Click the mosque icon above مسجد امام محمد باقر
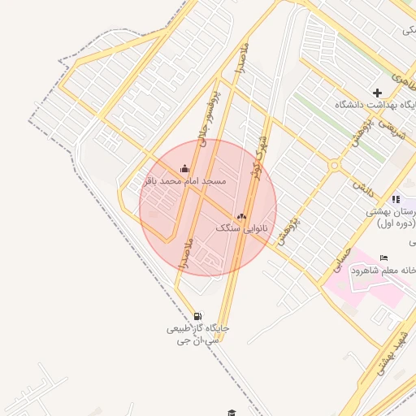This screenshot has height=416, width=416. [184, 169]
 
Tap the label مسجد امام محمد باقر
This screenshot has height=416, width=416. [184, 180]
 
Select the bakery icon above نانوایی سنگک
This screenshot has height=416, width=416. [240, 216]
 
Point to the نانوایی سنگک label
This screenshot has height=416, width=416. [241, 229]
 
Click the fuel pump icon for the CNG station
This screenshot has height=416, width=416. [198, 316]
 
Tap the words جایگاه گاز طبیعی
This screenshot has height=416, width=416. [198, 328]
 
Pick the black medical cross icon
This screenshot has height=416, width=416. [377, 93]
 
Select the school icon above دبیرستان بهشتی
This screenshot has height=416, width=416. [395, 199]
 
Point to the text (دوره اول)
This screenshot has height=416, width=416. [396, 223]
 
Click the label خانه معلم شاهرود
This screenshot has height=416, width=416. [383, 270]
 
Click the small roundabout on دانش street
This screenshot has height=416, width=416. [334, 165]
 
